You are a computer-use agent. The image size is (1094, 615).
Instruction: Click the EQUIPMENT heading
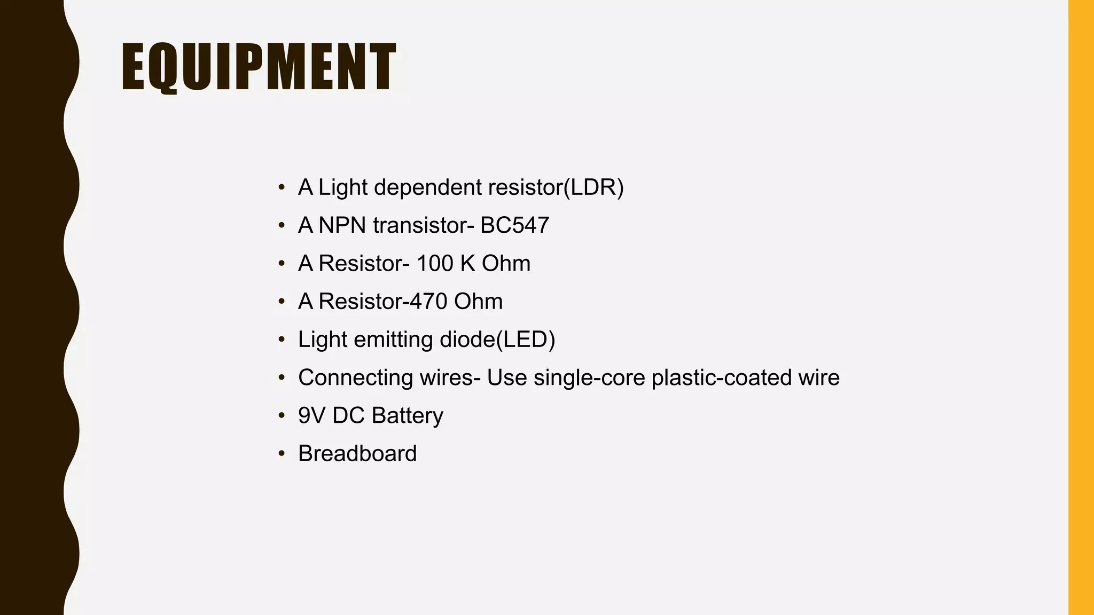tap(259, 67)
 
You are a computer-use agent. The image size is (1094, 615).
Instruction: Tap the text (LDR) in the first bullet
tap(593, 187)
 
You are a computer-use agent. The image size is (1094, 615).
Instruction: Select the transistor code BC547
tap(514, 225)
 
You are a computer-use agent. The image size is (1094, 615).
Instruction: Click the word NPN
tap(342, 225)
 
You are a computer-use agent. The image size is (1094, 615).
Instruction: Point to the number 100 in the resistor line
tap(434, 264)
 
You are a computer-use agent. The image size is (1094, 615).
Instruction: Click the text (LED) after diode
tap(526, 340)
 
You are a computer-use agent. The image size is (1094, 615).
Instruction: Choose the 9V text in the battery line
tap(311, 416)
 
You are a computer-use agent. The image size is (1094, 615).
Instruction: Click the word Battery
tap(407, 416)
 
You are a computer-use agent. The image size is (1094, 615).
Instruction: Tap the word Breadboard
tap(357, 454)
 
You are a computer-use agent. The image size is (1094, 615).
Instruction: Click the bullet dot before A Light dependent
tap(282, 188)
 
